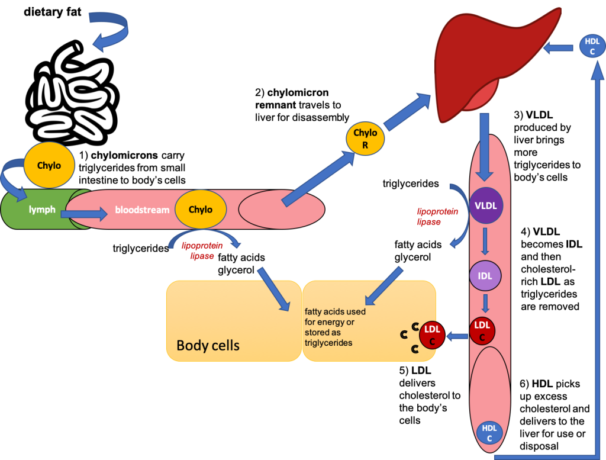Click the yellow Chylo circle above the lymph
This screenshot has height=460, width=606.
click(x=49, y=166)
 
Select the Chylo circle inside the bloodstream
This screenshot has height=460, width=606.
click(x=200, y=209)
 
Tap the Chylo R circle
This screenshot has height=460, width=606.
click(x=365, y=139)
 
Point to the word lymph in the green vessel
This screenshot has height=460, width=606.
click(x=43, y=210)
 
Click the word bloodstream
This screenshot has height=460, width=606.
click(x=142, y=210)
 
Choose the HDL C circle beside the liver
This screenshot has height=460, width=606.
click(x=592, y=46)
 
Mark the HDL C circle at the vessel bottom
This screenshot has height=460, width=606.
click(x=489, y=433)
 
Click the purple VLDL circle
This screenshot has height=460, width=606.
click(x=485, y=206)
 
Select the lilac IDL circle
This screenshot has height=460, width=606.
click(x=485, y=276)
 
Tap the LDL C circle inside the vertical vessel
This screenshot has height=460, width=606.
click(x=482, y=331)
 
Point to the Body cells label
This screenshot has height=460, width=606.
click(x=208, y=345)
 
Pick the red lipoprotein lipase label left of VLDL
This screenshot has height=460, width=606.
click(x=437, y=216)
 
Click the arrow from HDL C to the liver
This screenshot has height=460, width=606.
click(x=557, y=47)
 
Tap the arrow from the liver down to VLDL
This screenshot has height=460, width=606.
click(x=484, y=146)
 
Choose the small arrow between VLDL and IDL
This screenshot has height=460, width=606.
click(x=485, y=241)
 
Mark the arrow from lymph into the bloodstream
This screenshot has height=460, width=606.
click(x=84, y=213)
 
